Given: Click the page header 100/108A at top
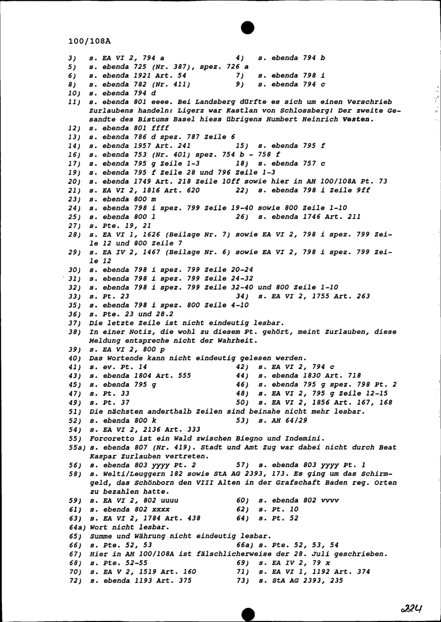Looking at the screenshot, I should [x=90, y=41].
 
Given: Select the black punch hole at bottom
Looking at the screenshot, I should [x=248, y=613].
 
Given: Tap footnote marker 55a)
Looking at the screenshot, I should [x=77, y=447].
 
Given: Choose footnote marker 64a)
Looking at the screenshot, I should [x=77, y=527].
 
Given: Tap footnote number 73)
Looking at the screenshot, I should [x=243, y=581].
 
